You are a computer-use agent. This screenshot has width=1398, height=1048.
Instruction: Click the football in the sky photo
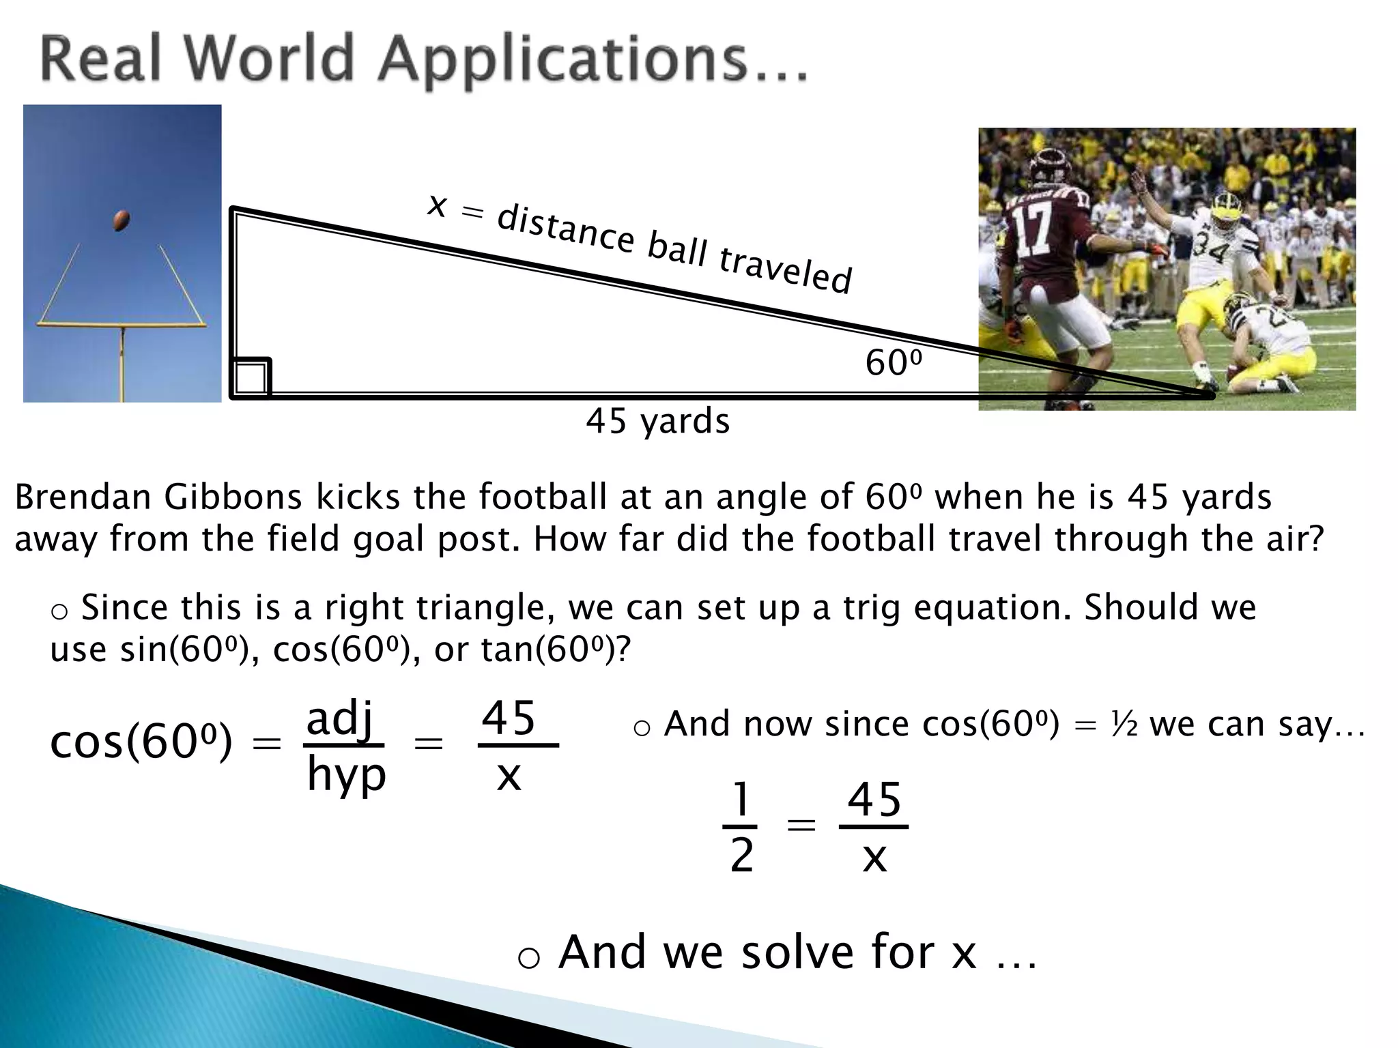coord(122,220)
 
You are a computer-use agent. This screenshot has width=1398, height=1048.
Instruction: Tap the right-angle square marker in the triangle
coord(251,377)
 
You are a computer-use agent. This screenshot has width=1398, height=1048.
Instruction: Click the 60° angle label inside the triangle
coord(893,362)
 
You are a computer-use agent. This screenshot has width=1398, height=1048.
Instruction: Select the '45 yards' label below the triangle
coord(657,420)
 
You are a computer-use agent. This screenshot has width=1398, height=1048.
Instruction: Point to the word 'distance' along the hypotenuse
coord(565,229)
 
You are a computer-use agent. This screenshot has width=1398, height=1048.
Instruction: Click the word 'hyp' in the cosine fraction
coord(346,776)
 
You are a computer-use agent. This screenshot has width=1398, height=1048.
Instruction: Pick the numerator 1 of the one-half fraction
coord(740,799)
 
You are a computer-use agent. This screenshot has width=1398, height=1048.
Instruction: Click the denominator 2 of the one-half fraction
coord(741,855)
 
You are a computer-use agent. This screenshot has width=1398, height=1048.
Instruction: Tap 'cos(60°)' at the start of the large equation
coord(141,742)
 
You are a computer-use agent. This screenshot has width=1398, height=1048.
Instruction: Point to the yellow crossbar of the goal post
coord(122,324)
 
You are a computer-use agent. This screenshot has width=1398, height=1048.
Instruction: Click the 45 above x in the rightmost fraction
coord(874,799)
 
